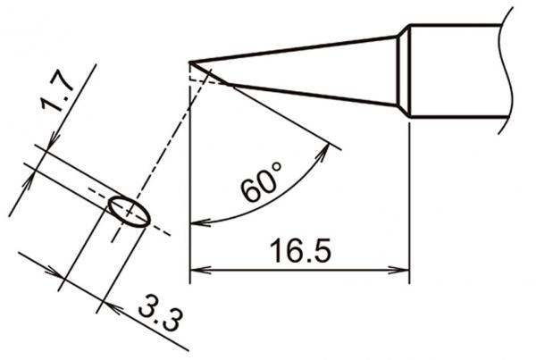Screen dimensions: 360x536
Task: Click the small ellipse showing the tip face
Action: point(128,212)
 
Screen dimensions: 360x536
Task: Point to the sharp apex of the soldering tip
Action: point(191,63)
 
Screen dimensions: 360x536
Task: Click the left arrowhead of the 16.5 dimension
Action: point(198,268)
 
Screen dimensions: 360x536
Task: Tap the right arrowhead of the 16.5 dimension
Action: point(401,268)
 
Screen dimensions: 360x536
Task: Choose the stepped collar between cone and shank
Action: point(404,71)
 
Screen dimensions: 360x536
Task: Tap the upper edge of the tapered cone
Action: point(295,49)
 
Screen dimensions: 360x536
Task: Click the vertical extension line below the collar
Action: point(409,197)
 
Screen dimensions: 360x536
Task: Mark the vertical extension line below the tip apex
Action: point(191,179)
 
